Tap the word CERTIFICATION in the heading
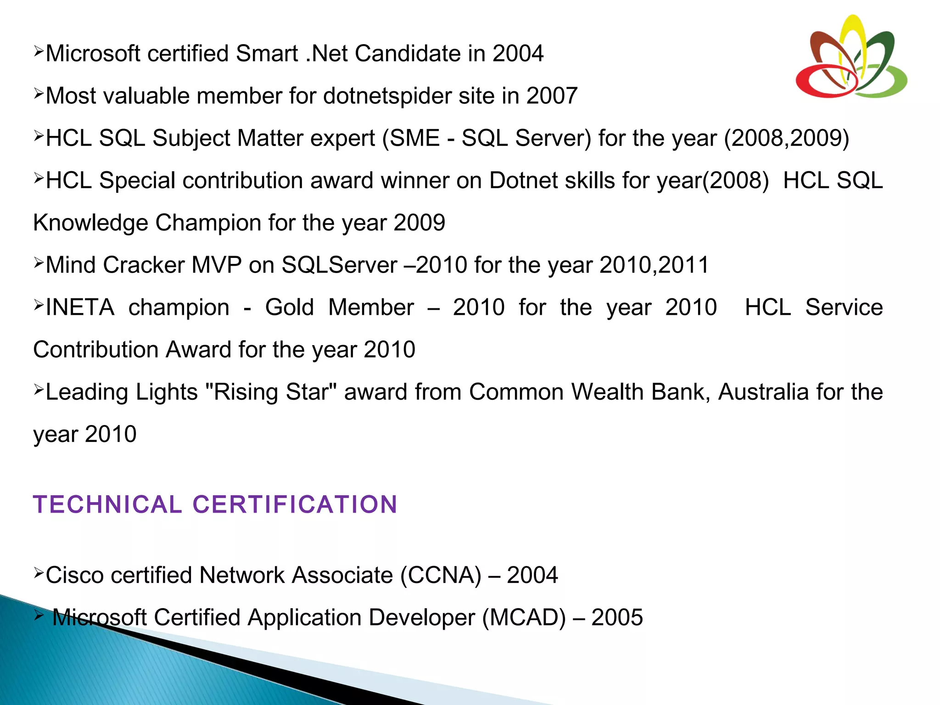point(295,504)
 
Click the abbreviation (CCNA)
point(441,575)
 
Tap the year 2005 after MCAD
point(617,617)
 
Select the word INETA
point(80,307)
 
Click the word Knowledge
point(90,223)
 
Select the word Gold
point(289,307)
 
